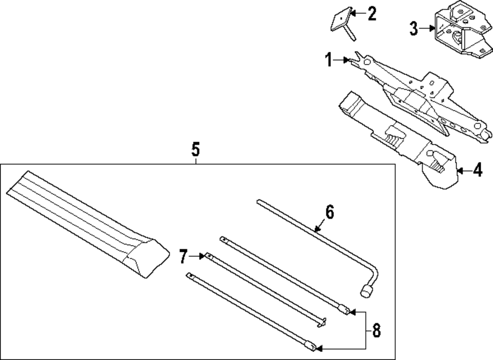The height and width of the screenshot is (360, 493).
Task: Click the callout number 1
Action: tap(328, 61)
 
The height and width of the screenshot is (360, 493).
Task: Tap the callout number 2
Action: tap(371, 13)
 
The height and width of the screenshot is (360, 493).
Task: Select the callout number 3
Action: tap(414, 29)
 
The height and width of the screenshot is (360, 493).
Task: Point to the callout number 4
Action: tap(477, 171)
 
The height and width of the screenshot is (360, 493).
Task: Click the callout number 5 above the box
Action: tap(196, 148)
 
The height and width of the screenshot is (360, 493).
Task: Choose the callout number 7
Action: tap(183, 256)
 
